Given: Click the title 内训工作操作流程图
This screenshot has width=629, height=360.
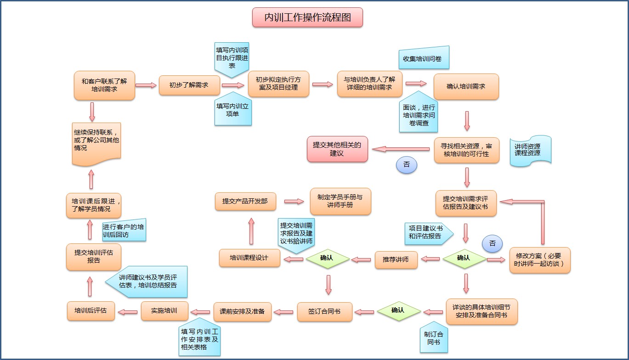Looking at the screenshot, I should pyautogui.click(x=307, y=17).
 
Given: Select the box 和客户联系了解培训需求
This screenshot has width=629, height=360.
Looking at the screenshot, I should pyautogui.click(x=104, y=85).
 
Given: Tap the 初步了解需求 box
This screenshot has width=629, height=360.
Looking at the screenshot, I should pyautogui.click(x=188, y=85).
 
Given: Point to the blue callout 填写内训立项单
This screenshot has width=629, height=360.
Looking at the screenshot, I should pyautogui.click(x=233, y=110).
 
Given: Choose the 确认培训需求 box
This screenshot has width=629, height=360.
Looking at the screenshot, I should pyautogui.click(x=466, y=86).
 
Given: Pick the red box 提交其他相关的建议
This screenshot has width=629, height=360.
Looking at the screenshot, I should pyautogui.click(x=337, y=149).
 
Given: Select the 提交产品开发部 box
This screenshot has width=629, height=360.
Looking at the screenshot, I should pyautogui.click(x=245, y=201).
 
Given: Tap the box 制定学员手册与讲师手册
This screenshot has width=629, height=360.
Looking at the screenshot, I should pyautogui.click(x=340, y=201).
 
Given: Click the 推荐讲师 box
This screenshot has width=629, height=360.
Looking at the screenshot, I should pyautogui.click(x=396, y=259).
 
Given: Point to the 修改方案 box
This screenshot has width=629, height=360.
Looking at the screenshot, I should pyautogui.click(x=540, y=260).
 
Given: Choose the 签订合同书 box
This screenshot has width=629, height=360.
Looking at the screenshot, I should pyautogui.click(x=324, y=311).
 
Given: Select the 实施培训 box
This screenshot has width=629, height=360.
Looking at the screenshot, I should pyautogui.click(x=164, y=311).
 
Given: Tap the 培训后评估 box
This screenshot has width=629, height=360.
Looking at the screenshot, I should pyautogui.click(x=91, y=311).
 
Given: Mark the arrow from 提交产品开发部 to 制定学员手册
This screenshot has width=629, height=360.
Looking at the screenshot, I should pyautogui.click(x=294, y=201).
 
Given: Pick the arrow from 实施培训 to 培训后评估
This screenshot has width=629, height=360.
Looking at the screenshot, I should pyautogui.click(x=128, y=312).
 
